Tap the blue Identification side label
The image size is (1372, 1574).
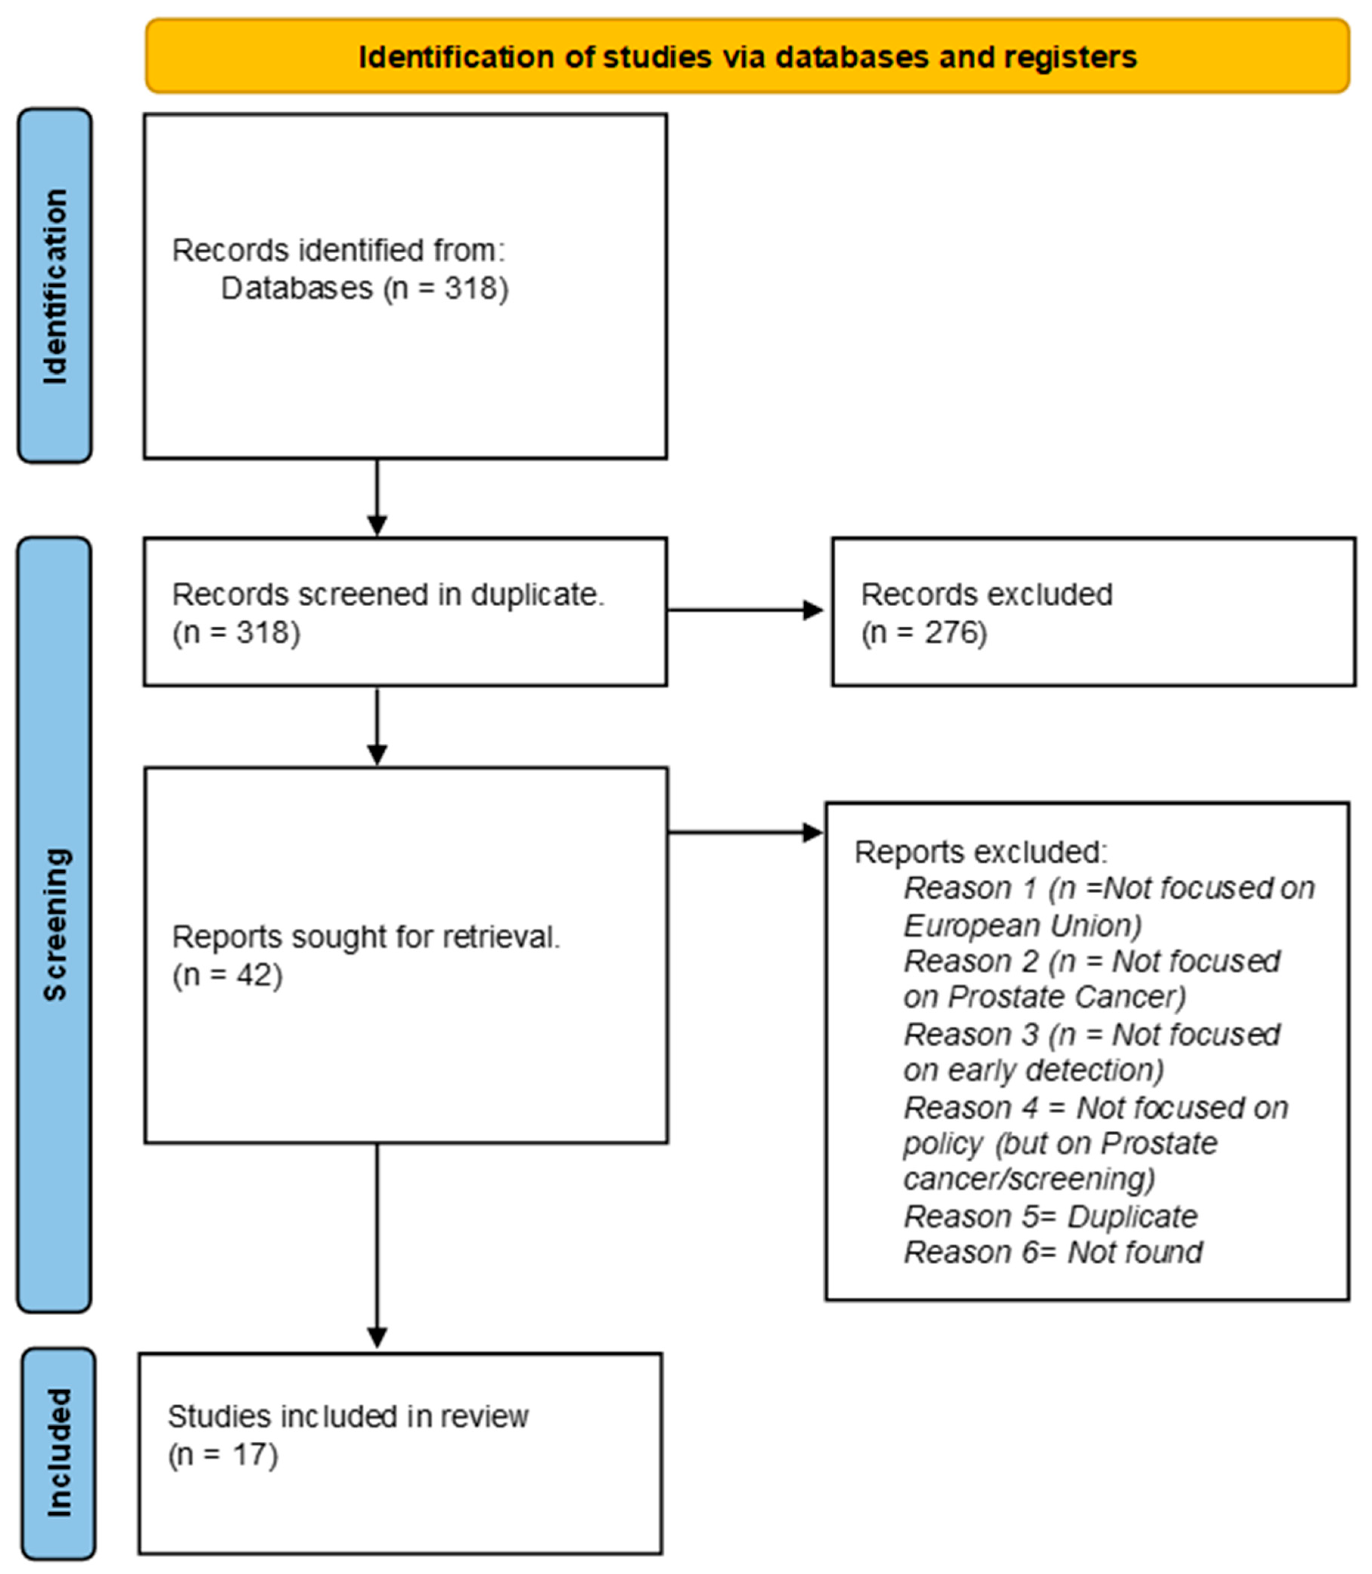(55, 286)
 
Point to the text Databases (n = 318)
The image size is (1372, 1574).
(365, 289)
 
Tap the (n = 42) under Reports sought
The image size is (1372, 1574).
(227, 975)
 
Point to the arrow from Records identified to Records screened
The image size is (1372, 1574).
(377, 498)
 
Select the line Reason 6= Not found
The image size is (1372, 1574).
(1053, 1253)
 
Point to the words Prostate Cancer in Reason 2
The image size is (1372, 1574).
(1066, 997)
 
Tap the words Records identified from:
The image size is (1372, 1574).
(338, 250)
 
